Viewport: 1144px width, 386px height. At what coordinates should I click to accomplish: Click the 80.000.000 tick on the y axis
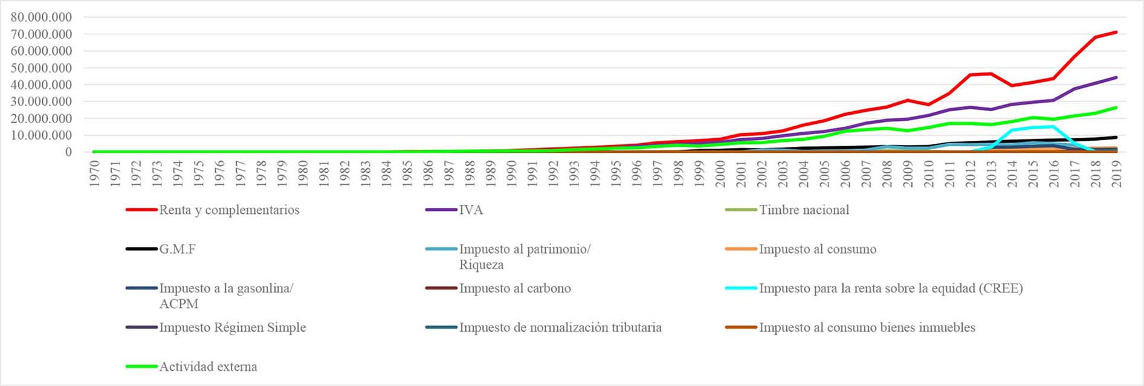(x=41, y=18)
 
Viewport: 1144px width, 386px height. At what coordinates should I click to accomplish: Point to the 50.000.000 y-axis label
(x=41, y=68)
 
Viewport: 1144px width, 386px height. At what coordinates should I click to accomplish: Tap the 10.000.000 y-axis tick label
(x=41, y=135)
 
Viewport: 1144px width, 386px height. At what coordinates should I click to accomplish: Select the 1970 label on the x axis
(x=95, y=173)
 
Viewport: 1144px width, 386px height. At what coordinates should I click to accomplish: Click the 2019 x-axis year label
(x=1116, y=173)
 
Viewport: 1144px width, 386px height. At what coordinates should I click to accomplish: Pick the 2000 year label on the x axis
(x=720, y=173)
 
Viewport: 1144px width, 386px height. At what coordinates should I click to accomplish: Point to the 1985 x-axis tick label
(x=408, y=173)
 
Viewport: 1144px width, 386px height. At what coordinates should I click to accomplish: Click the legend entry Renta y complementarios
(x=229, y=210)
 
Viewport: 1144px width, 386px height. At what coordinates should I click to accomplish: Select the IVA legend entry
(x=471, y=210)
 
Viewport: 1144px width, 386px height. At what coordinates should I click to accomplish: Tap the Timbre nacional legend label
(x=804, y=210)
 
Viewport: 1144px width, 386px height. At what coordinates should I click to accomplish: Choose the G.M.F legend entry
(x=177, y=249)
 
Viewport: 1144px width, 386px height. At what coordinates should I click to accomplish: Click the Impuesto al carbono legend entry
(x=515, y=289)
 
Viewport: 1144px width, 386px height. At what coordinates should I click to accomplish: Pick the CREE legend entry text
(x=891, y=289)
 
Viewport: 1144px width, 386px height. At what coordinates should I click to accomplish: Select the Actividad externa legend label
(x=208, y=367)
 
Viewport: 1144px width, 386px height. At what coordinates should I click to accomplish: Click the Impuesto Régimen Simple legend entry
(x=233, y=328)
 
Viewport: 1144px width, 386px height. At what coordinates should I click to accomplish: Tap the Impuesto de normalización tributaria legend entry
(x=560, y=328)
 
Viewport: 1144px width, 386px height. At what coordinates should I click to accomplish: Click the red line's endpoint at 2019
(x=1116, y=32)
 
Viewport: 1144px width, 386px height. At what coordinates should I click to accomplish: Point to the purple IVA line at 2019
(x=1116, y=77)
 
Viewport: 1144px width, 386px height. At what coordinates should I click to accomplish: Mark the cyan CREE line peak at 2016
(x=1053, y=126)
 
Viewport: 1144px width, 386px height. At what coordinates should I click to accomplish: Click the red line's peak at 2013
(x=991, y=74)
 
